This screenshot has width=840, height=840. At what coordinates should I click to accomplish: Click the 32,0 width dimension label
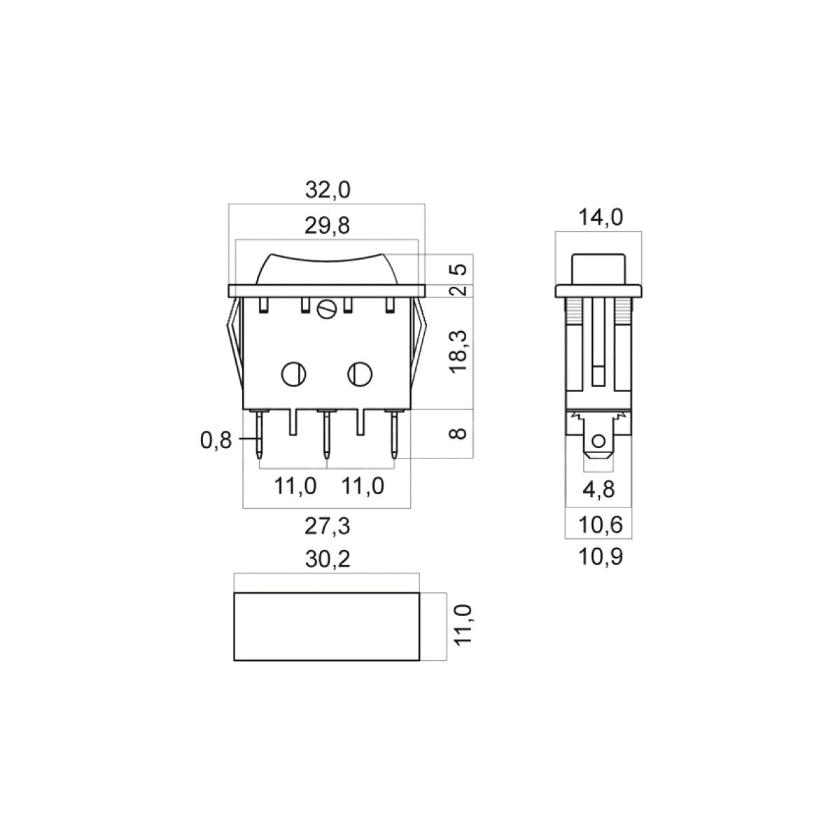pyautogui.click(x=328, y=190)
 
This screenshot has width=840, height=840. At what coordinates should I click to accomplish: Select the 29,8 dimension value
pyautogui.click(x=328, y=225)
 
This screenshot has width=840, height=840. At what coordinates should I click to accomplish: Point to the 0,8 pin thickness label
pyautogui.click(x=216, y=440)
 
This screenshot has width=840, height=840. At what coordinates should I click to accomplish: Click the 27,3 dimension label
pyautogui.click(x=328, y=526)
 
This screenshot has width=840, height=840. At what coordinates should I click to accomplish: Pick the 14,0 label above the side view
pyautogui.click(x=600, y=218)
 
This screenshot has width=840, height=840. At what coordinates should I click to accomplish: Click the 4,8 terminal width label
pyautogui.click(x=598, y=489)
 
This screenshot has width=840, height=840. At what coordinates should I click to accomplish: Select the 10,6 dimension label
pyautogui.click(x=598, y=524)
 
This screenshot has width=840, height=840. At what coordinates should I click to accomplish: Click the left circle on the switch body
pyautogui.click(x=293, y=374)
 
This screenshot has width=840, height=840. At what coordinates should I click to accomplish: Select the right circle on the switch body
pyautogui.click(x=359, y=374)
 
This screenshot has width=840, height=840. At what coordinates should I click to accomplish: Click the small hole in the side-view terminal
pyautogui.click(x=598, y=442)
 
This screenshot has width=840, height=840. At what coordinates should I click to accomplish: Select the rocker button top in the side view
pyautogui.click(x=598, y=268)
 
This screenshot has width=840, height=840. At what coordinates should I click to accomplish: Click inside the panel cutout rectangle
pyautogui.click(x=327, y=626)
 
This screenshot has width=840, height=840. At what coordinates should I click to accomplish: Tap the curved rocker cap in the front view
pyautogui.click(x=327, y=269)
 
